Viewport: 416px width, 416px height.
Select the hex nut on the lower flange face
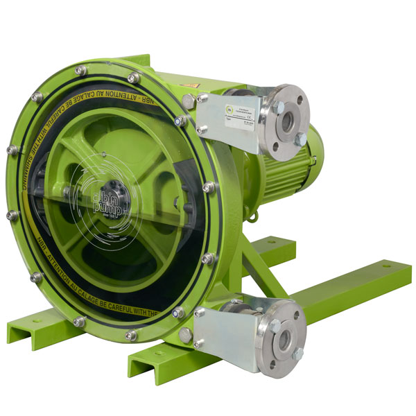(297, 353)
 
